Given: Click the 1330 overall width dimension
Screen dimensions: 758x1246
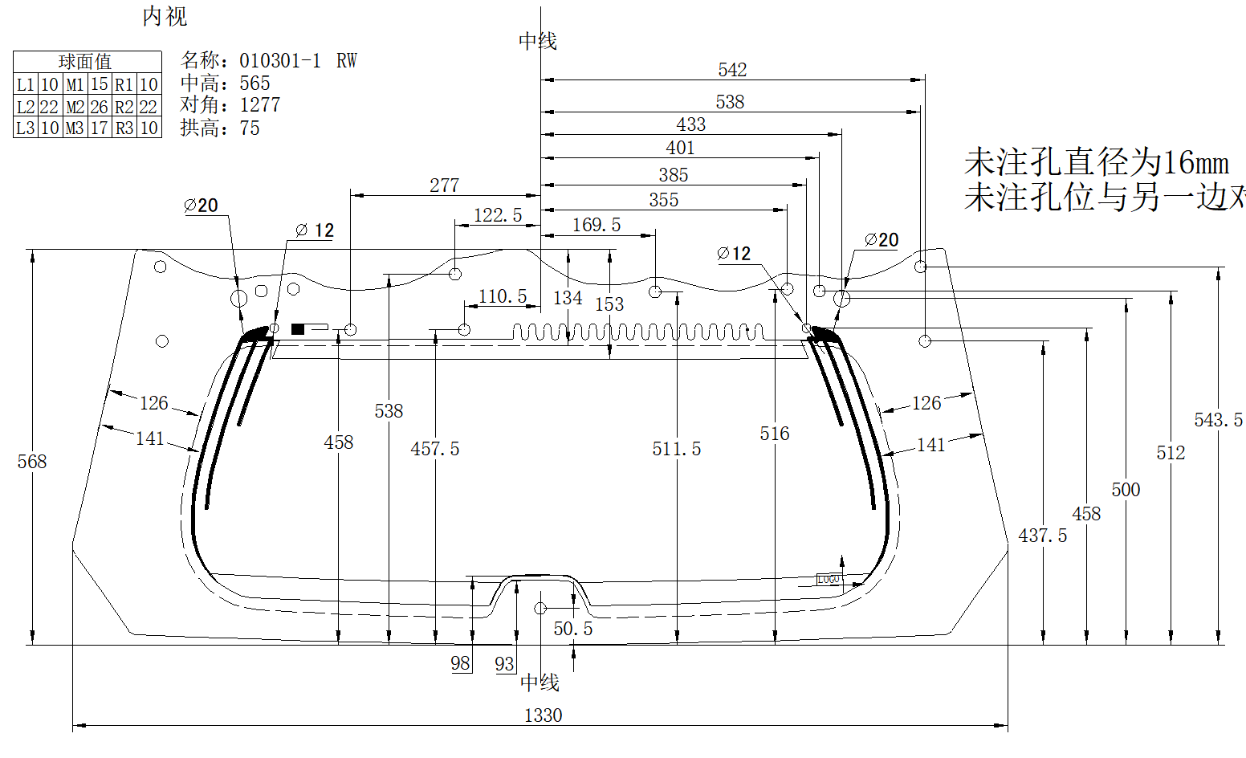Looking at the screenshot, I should pyautogui.click(x=543, y=715).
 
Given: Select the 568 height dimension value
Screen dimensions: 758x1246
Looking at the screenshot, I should pyautogui.click(x=32, y=462).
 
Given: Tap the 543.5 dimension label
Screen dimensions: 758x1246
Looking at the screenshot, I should pyautogui.click(x=1218, y=420).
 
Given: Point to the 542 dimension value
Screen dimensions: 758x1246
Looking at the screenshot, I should pyautogui.click(x=732, y=70).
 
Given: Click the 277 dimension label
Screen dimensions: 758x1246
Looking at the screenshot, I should pyautogui.click(x=444, y=185).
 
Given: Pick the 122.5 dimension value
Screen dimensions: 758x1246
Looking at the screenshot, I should pyautogui.click(x=498, y=215).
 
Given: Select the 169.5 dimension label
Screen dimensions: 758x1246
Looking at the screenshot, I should pyautogui.click(x=597, y=225).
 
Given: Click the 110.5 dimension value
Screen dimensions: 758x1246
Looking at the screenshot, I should pyautogui.click(x=503, y=296).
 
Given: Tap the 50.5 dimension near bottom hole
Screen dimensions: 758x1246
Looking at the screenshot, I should pyautogui.click(x=573, y=629).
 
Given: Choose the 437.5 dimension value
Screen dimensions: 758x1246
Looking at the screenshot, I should pyautogui.click(x=1043, y=536).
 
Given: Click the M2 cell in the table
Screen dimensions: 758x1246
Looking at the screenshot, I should pyautogui.click(x=75, y=107).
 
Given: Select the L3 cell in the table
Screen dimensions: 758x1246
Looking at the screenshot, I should pyautogui.click(x=26, y=128).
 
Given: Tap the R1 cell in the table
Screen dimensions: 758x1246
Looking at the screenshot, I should pyautogui.click(x=124, y=84).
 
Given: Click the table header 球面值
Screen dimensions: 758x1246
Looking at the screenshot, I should pyautogui.click(x=85, y=62).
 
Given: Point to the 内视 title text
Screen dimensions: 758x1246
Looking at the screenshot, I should pyautogui.click(x=165, y=17).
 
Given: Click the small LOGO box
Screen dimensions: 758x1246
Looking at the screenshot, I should pyautogui.click(x=829, y=579).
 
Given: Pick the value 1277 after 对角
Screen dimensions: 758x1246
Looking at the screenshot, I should pyautogui.click(x=260, y=105).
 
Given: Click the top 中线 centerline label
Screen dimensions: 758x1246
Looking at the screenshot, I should pyautogui.click(x=537, y=41).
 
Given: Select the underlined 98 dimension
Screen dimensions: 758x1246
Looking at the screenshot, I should pyautogui.click(x=460, y=663).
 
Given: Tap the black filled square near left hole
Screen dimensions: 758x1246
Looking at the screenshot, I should pyautogui.click(x=298, y=328).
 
